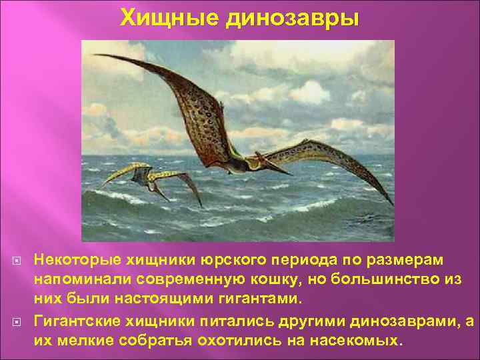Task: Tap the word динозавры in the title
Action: coord(293,18)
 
